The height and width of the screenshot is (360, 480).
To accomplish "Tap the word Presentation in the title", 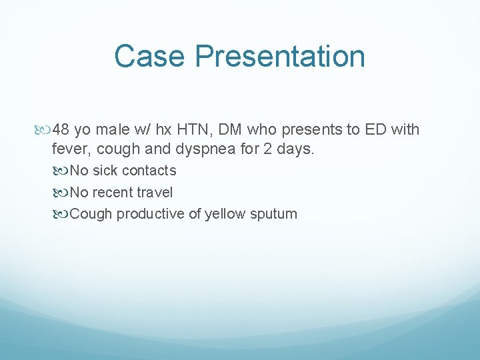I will click(280, 56).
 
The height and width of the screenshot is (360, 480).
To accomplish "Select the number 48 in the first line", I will click(61, 129).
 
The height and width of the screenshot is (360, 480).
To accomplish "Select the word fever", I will click(69, 149).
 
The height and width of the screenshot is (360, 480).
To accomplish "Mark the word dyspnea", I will click(203, 149).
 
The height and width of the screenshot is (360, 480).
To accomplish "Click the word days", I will click(295, 149).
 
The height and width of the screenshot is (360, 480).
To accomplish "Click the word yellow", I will click(225, 214).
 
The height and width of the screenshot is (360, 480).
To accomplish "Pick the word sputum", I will click(274, 214).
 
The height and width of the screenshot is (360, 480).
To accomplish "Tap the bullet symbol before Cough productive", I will click(63, 214).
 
